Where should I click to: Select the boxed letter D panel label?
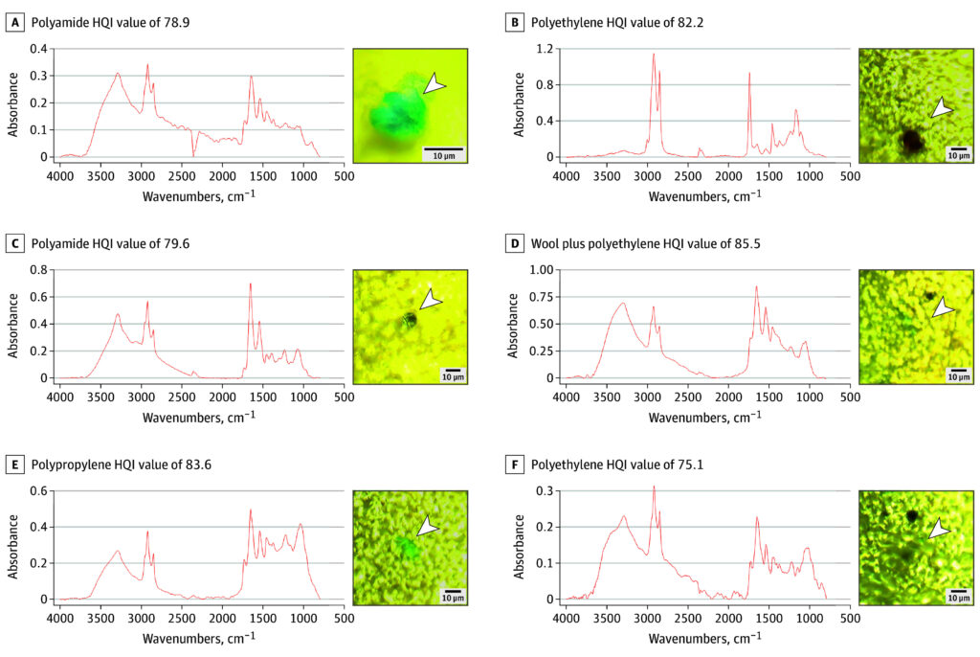tap(515, 243)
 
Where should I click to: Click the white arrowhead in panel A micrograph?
tap(434, 85)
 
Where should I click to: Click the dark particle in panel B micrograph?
tap(911, 142)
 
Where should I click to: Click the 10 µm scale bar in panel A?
tap(443, 150)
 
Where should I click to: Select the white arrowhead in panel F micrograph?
tap(940, 529)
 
